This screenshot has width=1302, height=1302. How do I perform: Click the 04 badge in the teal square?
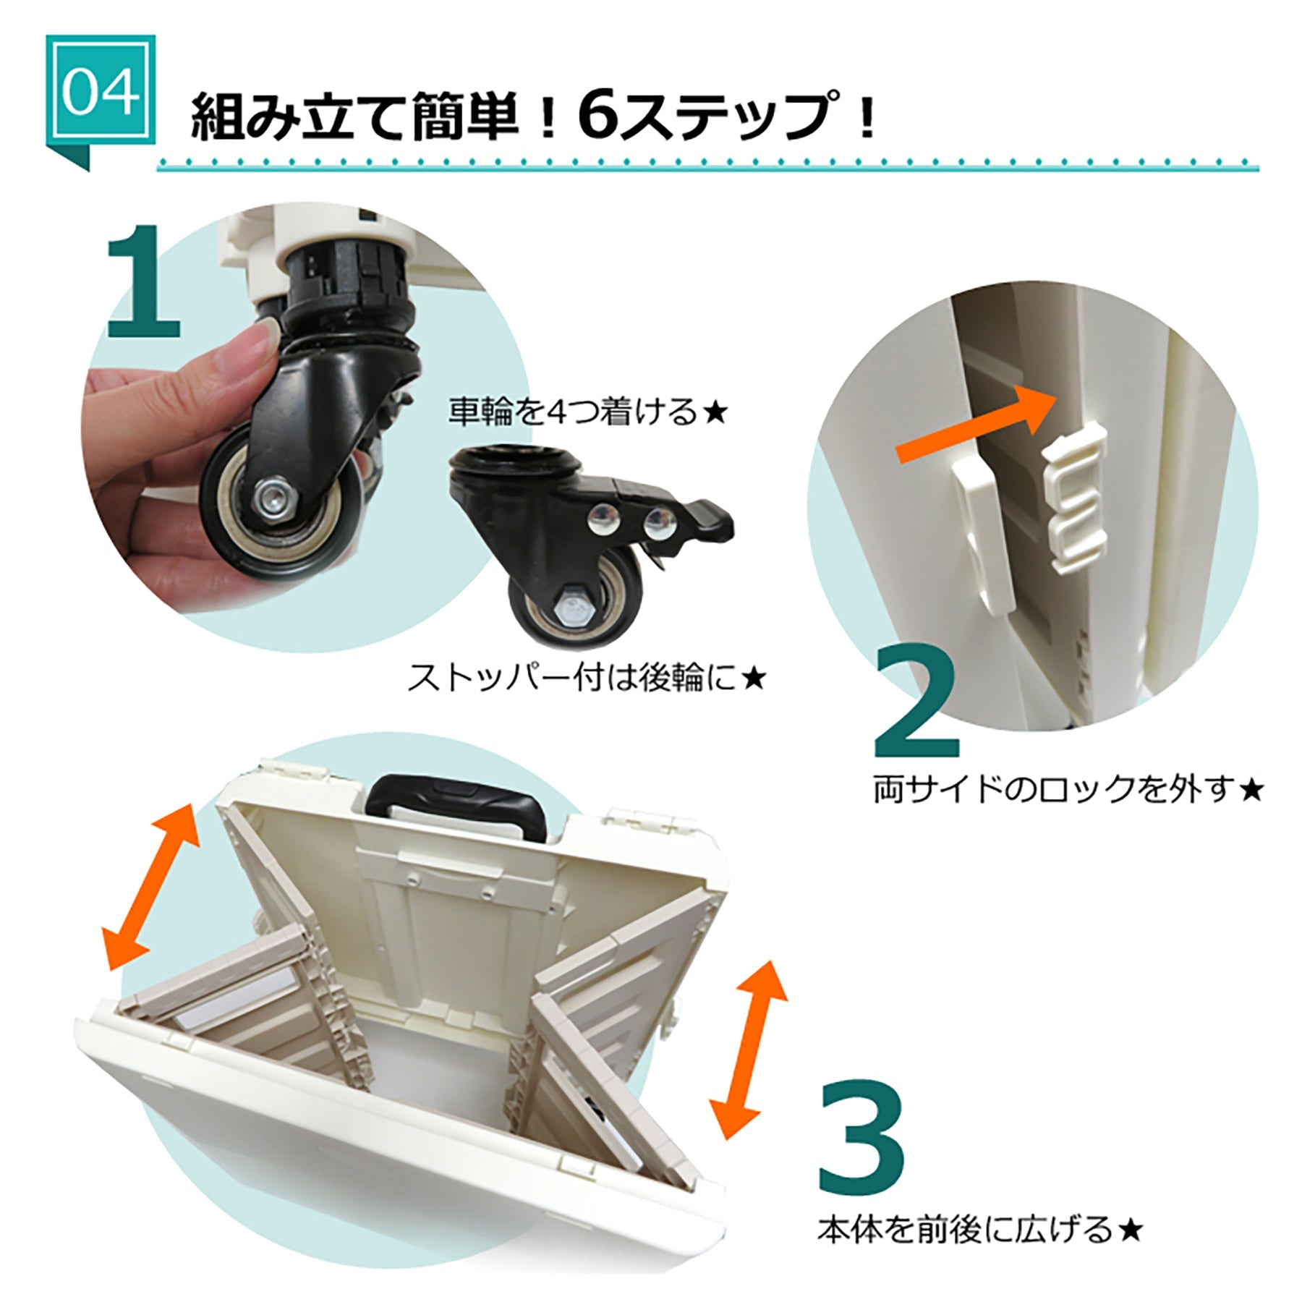(x=100, y=91)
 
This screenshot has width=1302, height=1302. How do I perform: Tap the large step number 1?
(x=144, y=283)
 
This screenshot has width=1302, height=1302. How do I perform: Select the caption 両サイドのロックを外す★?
(x=1068, y=790)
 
